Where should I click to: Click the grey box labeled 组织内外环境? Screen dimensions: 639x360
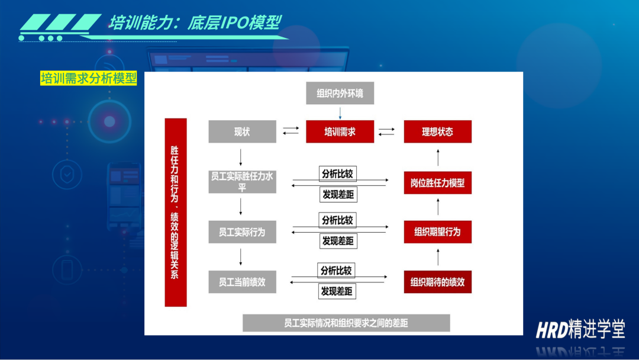340,93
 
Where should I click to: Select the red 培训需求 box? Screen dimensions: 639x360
340,131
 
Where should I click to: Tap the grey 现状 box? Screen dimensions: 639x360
242,131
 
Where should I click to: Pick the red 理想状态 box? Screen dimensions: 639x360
438,131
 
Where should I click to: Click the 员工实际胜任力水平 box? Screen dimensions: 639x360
242,182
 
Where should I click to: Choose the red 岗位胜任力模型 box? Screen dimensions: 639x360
438,182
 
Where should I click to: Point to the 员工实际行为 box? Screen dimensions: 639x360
242,232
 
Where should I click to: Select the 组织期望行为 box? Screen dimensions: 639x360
438,232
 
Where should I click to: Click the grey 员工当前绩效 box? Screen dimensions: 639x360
242,282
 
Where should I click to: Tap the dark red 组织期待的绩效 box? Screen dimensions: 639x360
438,282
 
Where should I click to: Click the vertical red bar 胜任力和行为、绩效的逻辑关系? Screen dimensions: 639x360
176,213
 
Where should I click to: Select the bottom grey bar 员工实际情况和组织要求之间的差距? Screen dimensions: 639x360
346,323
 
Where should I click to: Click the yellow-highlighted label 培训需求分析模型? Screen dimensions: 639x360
88,78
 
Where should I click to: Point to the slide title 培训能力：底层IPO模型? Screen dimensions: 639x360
195,23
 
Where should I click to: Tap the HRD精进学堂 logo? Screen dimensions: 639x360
580,329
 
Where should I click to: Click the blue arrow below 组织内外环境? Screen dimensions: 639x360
340,113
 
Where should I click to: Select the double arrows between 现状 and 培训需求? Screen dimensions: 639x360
291,131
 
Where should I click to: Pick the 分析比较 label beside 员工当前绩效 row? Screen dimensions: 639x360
336,271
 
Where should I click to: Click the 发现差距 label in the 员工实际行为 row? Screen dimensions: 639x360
338,241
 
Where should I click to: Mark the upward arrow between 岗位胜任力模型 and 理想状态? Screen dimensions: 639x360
438,157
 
